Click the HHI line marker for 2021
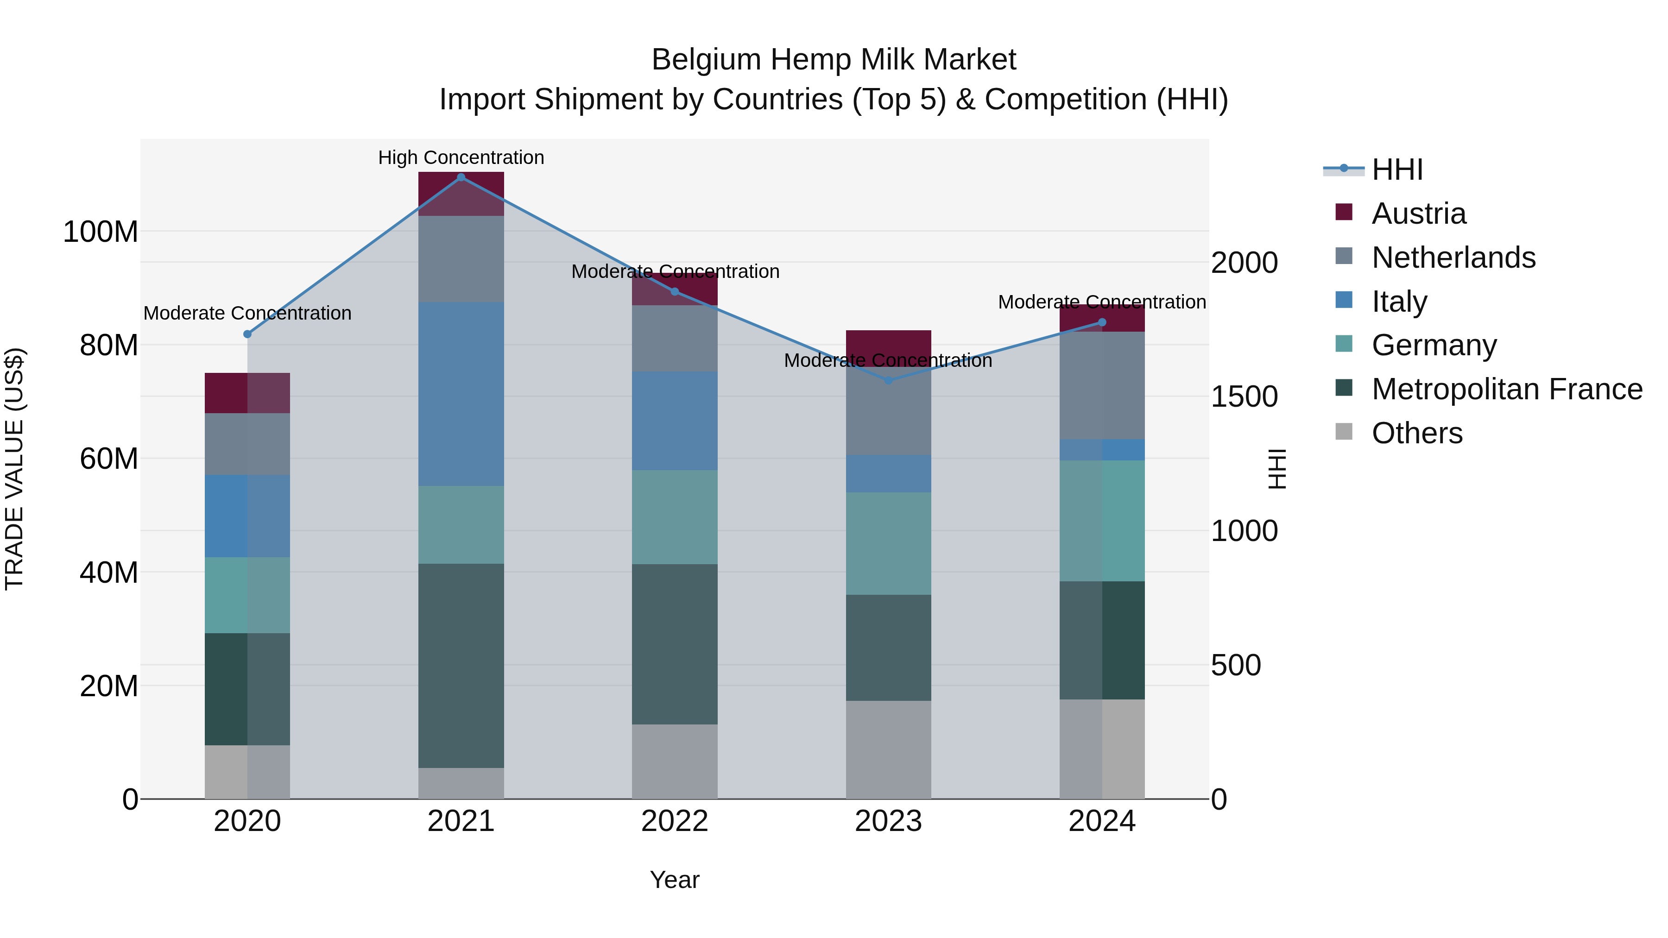[x=461, y=177]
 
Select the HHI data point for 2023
[x=888, y=380]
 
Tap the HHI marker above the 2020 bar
[x=247, y=334]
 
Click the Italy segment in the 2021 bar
[x=461, y=394]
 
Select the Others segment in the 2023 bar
[x=888, y=749]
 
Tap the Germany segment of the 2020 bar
[x=247, y=595]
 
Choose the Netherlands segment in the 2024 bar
[x=1102, y=385]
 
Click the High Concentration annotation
[x=461, y=157]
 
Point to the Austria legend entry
[x=1418, y=214]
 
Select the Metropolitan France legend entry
[x=1506, y=389]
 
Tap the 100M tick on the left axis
[x=101, y=232]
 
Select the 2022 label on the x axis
[x=675, y=821]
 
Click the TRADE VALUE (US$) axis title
[x=14, y=469]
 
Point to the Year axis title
[x=675, y=880]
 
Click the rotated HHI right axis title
[x=1276, y=469]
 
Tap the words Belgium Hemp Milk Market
[x=834, y=60]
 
